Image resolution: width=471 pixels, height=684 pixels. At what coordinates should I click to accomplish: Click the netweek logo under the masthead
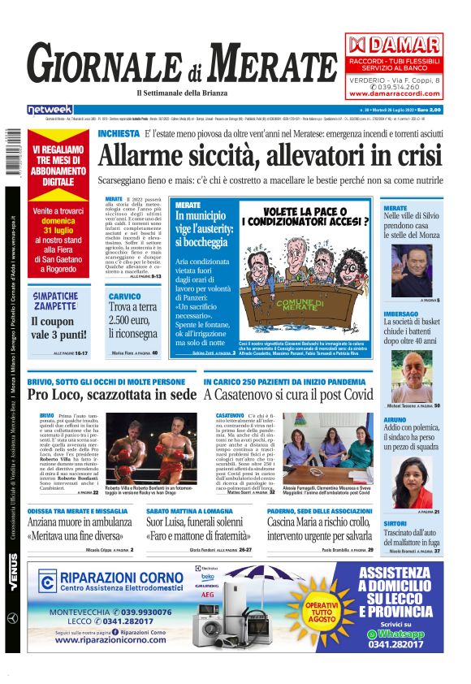50,110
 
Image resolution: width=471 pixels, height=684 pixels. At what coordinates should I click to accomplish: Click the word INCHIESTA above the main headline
118,133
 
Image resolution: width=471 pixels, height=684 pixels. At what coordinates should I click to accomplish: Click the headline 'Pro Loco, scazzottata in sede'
111,394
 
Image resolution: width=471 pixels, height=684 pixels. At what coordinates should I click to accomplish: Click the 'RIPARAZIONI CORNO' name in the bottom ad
115,578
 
